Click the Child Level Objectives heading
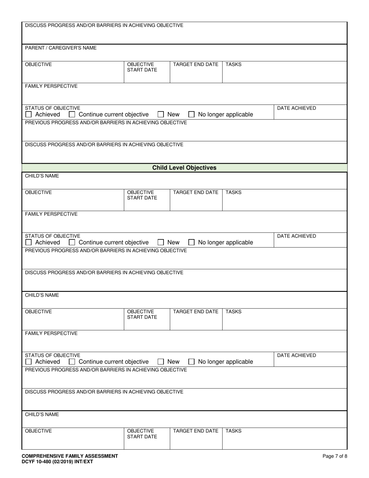[x=184, y=168]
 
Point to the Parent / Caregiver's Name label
[x=61, y=48]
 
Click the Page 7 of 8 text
[x=335, y=456]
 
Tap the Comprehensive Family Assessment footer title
[x=70, y=456]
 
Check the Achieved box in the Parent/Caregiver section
[x=28, y=115]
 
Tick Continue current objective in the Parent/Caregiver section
[x=72, y=115]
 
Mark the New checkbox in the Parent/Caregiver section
[x=161, y=115]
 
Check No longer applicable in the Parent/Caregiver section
[x=191, y=115]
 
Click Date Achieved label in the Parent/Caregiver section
[x=296, y=108]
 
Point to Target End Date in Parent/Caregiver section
[x=195, y=65]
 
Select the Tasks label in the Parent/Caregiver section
[x=233, y=65]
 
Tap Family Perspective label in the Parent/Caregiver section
[x=51, y=86]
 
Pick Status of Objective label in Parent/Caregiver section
[x=52, y=108]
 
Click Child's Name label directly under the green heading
[x=42, y=176]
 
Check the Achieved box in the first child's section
[x=28, y=242]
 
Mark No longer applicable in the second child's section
[x=191, y=362]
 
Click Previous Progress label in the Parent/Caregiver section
[x=106, y=123]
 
